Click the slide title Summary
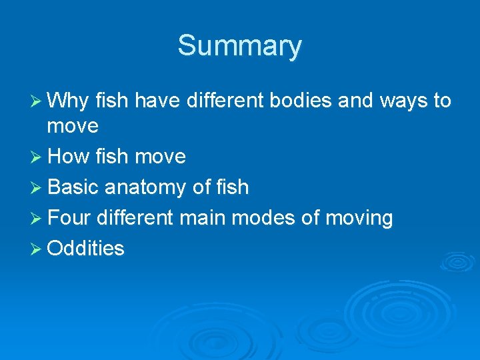pyautogui.click(x=239, y=46)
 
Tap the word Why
pyautogui.click(x=69, y=101)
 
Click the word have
pyautogui.click(x=158, y=101)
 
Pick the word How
pyautogui.click(x=70, y=157)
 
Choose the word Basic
pyautogui.click(x=73, y=187)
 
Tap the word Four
pyautogui.click(x=70, y=218)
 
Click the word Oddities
pyautogui.click(x=87, y=249)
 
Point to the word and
pyautogui.click(x=355, y=101)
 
